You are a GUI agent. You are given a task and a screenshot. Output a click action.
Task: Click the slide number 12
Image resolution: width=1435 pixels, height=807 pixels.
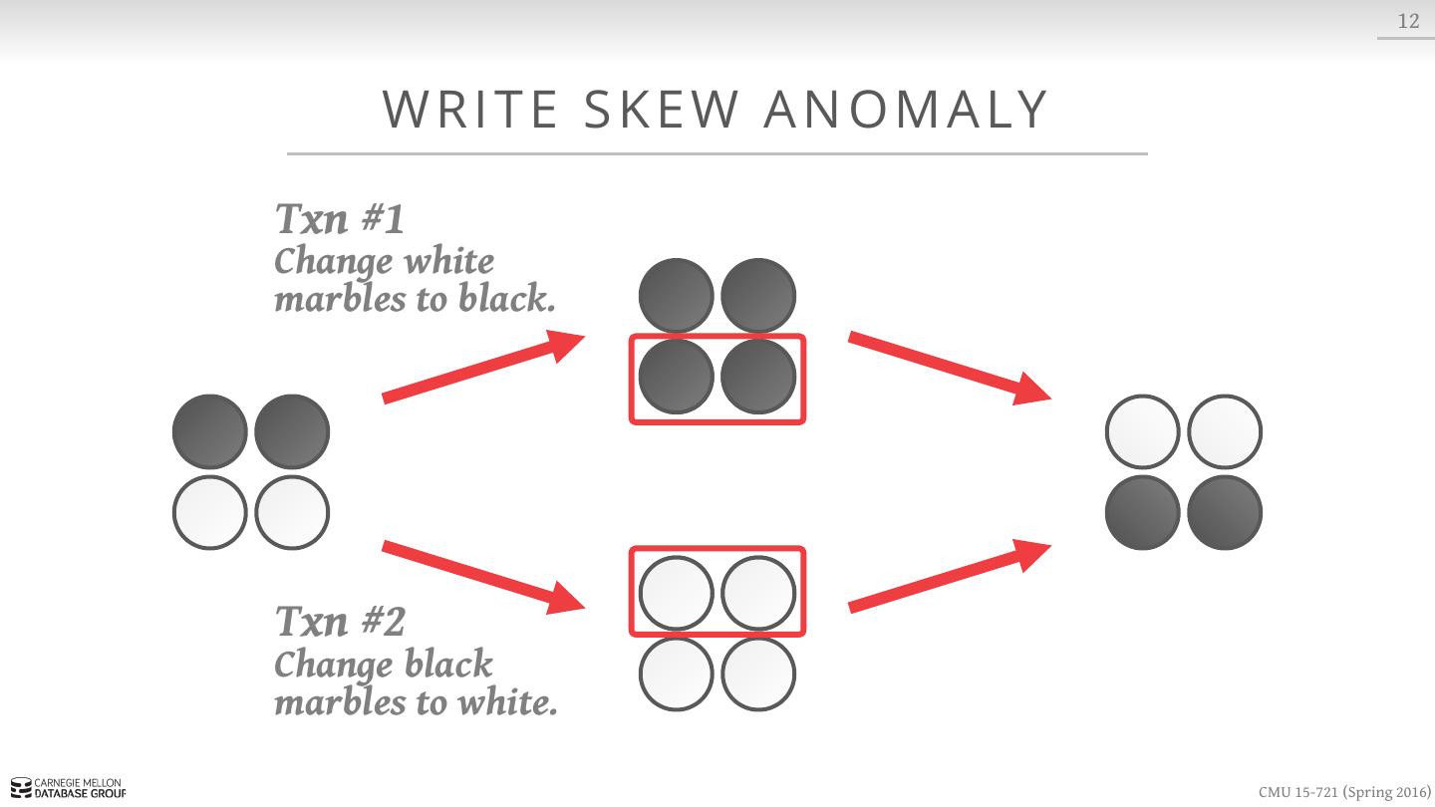tap(1408, 21)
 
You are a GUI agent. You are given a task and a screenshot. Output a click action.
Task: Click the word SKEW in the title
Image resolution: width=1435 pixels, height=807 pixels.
tap(662, 110)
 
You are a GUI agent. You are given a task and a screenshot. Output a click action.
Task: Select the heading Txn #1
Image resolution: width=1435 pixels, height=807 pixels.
tap(340, 219)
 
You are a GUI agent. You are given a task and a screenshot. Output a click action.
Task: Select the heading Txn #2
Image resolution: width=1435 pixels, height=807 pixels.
tap(340, 622)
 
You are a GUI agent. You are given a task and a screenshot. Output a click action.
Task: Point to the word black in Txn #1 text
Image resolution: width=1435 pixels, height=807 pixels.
tap(506, 299)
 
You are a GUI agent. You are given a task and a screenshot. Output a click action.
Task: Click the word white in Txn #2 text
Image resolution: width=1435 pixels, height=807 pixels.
tap(506, 702)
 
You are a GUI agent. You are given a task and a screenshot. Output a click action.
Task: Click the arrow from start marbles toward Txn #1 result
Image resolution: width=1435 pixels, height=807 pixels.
tap(483, 367)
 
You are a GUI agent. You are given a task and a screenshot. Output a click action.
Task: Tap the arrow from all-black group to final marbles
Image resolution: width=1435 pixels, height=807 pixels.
tap(950, 368)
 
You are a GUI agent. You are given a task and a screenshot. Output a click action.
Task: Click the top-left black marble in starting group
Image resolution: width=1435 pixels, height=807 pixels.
tap(210, 431)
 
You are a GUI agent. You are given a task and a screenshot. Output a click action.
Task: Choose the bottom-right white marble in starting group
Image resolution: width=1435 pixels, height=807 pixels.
tap(292, 512)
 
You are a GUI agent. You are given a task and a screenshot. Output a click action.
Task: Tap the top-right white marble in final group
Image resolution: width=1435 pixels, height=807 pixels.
tap(1225, 431)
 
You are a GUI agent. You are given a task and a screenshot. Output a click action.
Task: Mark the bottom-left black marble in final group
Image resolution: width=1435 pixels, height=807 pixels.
tap(1143, 512)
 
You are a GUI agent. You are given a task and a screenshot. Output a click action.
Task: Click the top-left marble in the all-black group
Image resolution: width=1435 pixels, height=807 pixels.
tap(677, 295)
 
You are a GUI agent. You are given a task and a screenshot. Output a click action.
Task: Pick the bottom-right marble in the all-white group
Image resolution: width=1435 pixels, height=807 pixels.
tap(758, 673)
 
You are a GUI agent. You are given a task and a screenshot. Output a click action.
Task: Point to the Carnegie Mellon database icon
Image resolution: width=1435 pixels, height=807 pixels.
tap(21, 788)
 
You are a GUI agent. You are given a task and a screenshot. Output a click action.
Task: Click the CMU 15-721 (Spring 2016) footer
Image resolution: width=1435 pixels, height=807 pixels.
tap(1344, 792)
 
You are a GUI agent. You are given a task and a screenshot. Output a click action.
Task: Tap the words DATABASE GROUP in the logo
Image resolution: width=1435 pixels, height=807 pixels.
tap(80, 793)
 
